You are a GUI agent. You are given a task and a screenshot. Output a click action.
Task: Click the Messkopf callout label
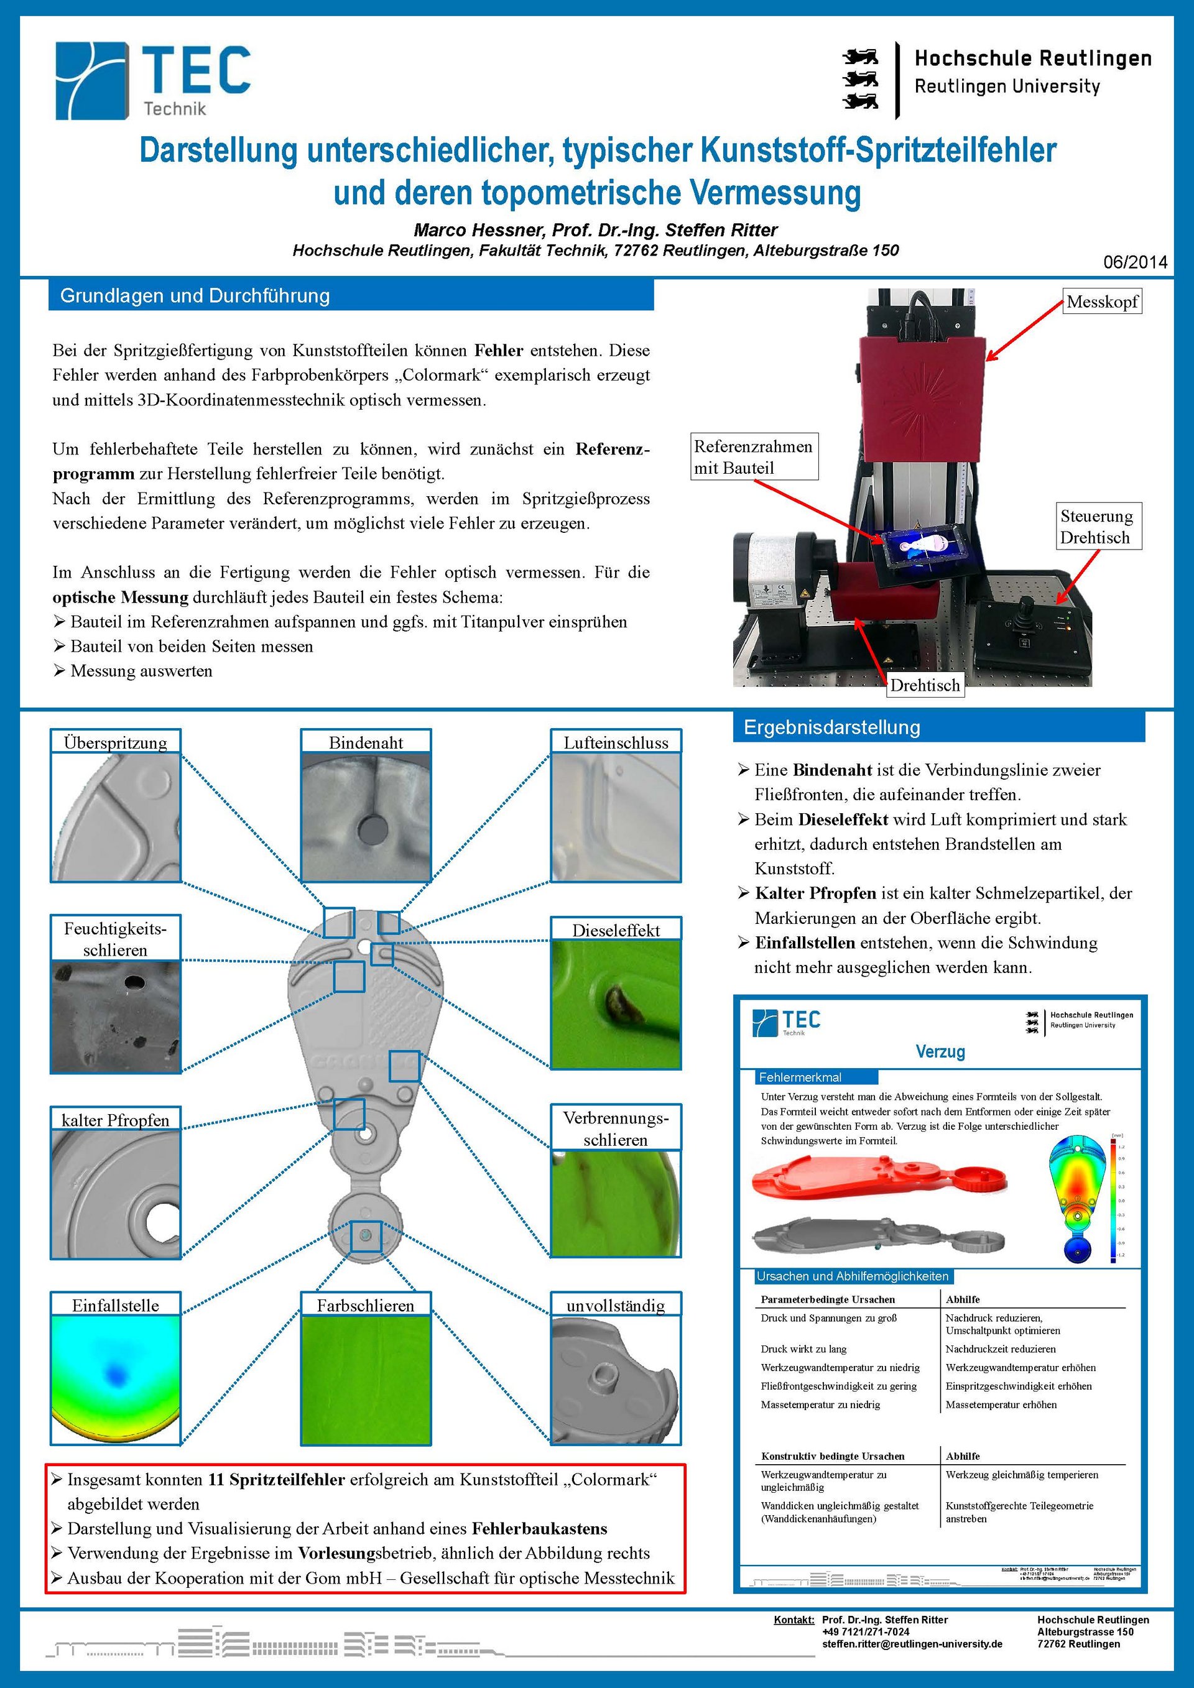pos(1101,302)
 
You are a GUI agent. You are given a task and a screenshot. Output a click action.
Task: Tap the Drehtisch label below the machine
pos(924,685)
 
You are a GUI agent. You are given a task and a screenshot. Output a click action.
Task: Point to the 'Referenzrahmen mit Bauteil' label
pos(754,456)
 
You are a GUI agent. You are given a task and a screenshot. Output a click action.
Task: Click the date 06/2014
pos(1134,262)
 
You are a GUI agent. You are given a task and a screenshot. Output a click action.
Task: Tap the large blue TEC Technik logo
pos(153,80)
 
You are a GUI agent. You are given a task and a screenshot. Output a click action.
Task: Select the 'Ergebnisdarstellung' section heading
pos(831,727)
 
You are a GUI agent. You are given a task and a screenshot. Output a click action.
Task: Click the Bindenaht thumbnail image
pos(366,817)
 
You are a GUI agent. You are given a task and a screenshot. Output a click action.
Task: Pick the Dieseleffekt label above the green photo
pos(616,930)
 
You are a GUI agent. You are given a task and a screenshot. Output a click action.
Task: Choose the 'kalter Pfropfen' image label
pos(116,1120)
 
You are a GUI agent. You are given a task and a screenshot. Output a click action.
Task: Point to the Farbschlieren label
pos(366,1305)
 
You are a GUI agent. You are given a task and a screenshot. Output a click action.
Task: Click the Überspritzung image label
pos(116,742)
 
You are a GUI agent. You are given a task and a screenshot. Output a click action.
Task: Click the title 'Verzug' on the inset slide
pos(940,1051)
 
